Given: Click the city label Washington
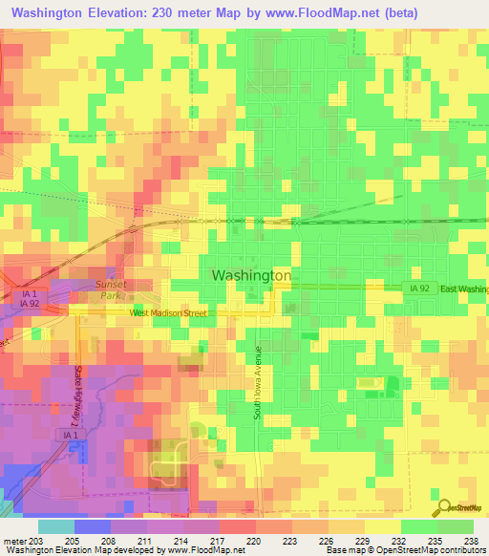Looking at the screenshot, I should [250, 275].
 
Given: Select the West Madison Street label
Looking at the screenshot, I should [169, 312].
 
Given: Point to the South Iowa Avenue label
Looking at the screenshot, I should [257, 383].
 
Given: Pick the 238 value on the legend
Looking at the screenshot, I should [470, 540].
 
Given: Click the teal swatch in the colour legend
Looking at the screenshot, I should [55, 526].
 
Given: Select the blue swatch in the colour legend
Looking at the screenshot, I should [92, 526].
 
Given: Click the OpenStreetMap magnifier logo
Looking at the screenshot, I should [444, 508].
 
